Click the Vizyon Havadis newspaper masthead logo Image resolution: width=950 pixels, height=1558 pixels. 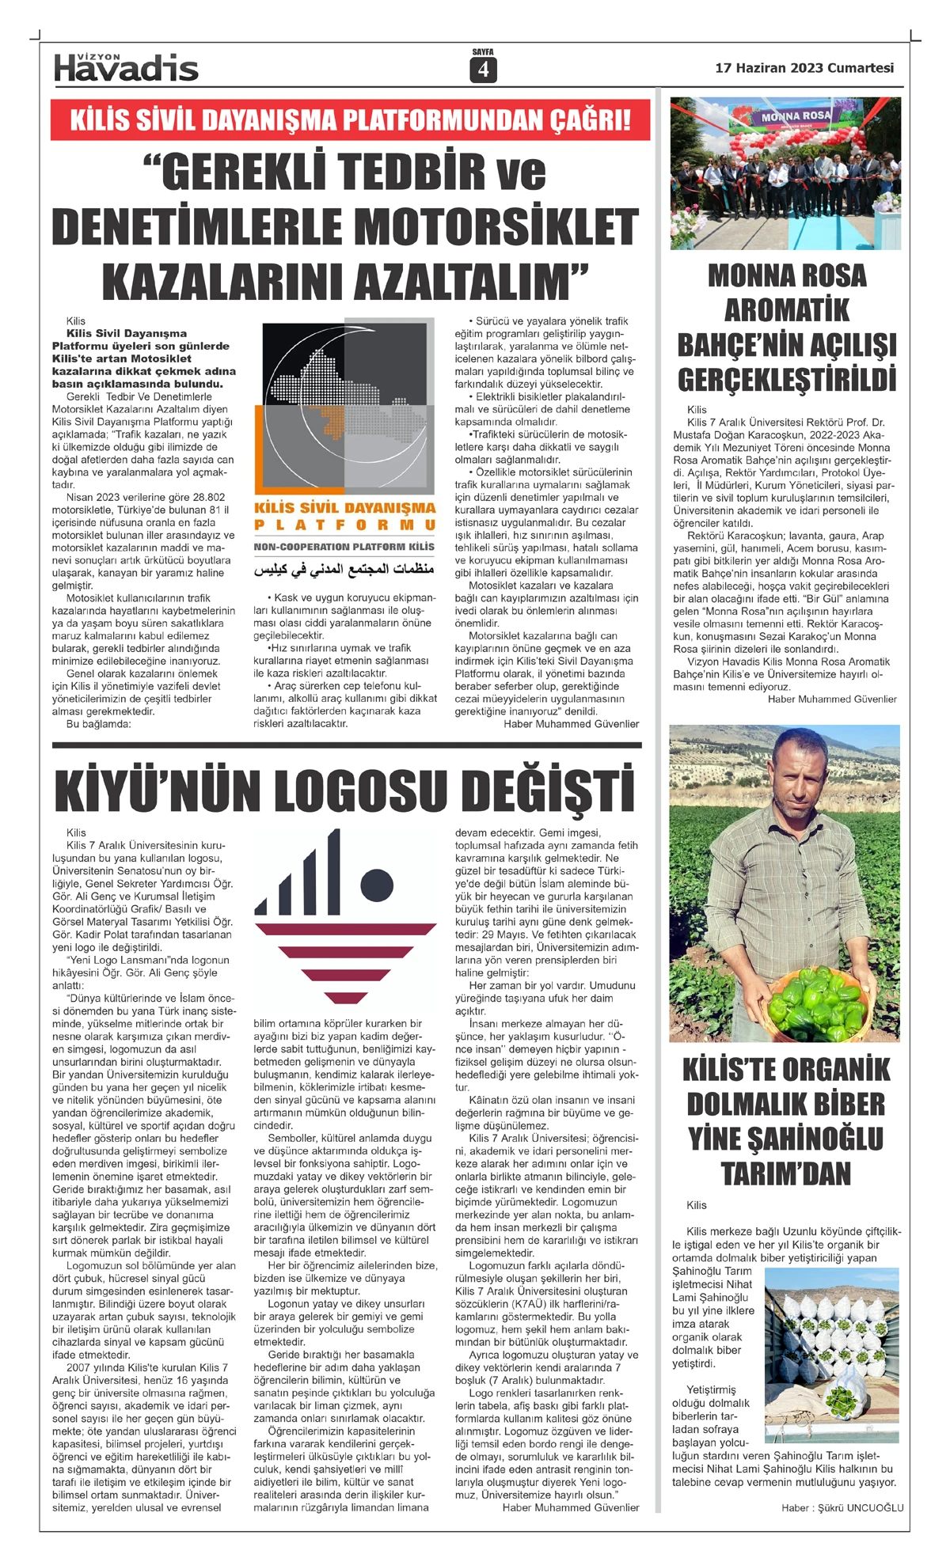click(x=126, y=68)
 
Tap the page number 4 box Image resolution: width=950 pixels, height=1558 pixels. click(x=482, y=70)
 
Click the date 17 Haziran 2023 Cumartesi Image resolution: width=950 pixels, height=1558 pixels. click(x=804, y=68)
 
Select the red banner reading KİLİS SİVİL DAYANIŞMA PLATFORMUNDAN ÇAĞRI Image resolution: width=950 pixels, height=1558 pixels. click(x=350, y=120)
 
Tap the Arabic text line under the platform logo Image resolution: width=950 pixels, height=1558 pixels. click(x=344, y=571)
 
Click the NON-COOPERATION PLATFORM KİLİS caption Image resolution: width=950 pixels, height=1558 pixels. click(x=344, y=547)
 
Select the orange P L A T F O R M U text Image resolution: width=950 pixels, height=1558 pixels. click(x=344, y=525)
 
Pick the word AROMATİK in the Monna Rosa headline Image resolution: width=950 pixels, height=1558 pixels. click(x=786, y=310)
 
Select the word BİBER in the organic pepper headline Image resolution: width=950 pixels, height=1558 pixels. click(x=840, y=1104)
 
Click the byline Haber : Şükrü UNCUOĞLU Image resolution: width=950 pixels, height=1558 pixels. click(x=842, y=1507)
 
